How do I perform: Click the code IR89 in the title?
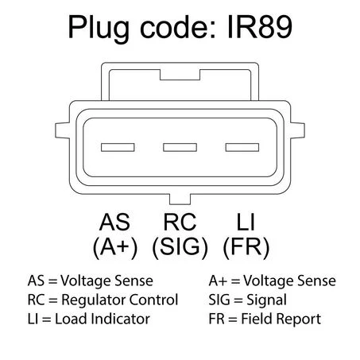tap(260, 27)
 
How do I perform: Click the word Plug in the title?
tap(99, 29)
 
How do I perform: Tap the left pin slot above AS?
tap(118, 147)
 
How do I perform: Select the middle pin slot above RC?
tap(180, 147)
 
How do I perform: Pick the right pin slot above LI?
tap(242, 147)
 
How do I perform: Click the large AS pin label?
tap(114, 222)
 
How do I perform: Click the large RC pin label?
tap(180, 222)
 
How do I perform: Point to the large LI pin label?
tap(246, 222)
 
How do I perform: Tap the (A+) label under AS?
tap(115, 247)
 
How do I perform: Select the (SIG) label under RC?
tap(180, 247)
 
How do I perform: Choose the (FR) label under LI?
tap(246, 247)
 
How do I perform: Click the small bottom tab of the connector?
tap(180, 199)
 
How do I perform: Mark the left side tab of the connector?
tap(63, 130)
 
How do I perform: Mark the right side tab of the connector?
tap(297, 130)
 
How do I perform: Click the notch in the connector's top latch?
tap(180, 75)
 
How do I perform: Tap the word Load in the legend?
tap(72, 319)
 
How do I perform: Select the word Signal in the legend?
tap(266, 300)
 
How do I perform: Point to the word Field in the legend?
tap(257, 319)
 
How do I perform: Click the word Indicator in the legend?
tap(121, 319)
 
